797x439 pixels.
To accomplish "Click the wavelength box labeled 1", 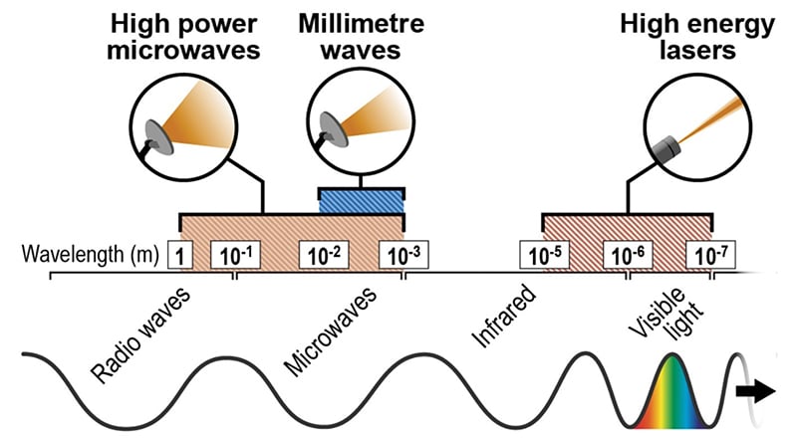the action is coord(180,255).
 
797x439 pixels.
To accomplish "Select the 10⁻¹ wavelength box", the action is coord(235,255).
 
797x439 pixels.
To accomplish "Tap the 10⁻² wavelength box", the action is coord(324,255).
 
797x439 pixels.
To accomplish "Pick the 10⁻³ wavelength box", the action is coord(404,255).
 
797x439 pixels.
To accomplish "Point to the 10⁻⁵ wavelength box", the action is coord(545,255).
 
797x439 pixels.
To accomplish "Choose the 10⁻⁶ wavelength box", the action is coord(628,255).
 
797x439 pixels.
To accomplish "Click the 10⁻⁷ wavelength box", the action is coord(711,255).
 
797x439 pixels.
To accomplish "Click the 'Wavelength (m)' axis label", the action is coord(90,254).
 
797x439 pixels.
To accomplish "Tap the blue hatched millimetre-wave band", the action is coord(362,202).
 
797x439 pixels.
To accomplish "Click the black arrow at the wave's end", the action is coord(756,391).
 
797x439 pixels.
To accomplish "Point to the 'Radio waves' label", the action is coord(140,334).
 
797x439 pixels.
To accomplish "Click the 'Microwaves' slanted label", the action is coord(331,331).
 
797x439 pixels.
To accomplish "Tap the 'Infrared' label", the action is coord(504,316).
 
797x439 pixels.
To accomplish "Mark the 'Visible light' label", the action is coord(665,314).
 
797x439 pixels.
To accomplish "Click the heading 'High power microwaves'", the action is coord(183,37).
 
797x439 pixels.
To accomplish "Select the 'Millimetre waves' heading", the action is coord(362,37).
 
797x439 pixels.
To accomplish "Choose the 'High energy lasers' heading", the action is coord(697,37).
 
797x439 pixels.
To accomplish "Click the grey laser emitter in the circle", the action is coord(666,147).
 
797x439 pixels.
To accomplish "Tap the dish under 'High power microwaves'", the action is coord(159,137).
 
